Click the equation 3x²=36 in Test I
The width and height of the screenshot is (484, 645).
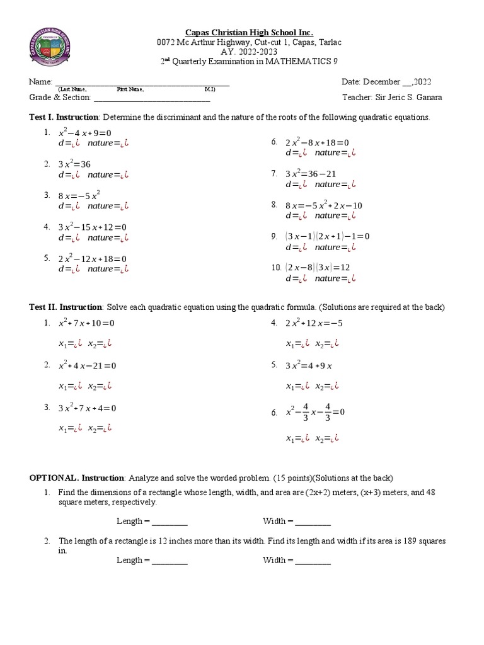point(74,164)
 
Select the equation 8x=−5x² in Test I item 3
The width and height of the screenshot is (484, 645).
point(79,196)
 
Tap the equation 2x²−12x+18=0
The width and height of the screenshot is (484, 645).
point(93,259)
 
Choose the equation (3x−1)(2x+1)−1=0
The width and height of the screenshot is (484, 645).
point(327,236)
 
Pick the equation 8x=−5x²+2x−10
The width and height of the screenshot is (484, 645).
point(324,205)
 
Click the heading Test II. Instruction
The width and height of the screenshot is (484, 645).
point(66,307)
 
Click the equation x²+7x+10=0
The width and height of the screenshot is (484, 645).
point(86,323)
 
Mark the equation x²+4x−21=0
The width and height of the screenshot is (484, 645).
point(87,365)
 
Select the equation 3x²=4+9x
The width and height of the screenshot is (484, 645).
point(309,365)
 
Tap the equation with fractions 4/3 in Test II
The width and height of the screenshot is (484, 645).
point(315,412)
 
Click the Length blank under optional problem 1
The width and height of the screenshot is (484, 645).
point(170,522)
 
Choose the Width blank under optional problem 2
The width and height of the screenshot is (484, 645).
point(313,560)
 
